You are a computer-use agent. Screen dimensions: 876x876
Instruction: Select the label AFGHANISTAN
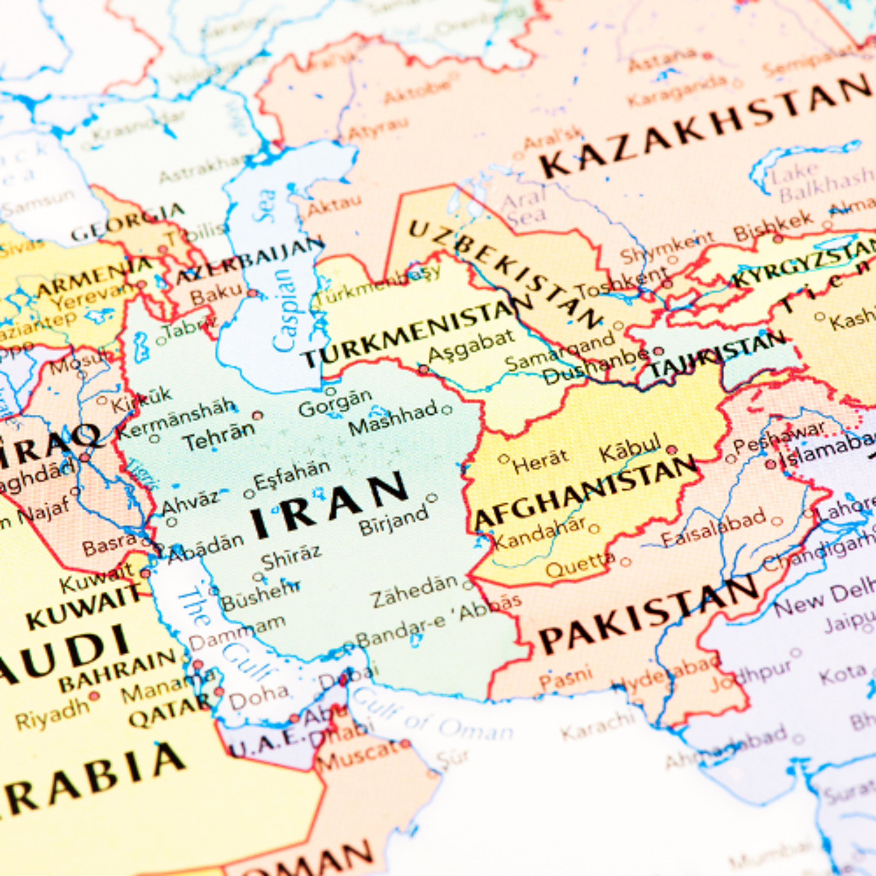[x=585, y=492]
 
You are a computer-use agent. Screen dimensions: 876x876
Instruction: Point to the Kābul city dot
[x=672, y=450]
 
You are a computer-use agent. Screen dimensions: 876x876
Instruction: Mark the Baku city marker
[x=252, y=293]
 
